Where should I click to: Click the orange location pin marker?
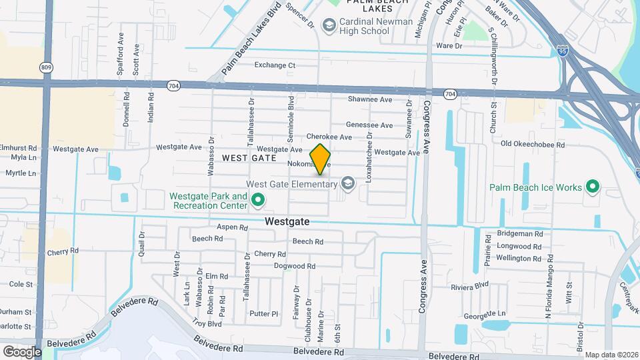[x=320, y=159]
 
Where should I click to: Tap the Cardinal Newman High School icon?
[x=329, y=25]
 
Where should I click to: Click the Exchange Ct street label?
[x=275, y=65]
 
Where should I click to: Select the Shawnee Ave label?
[x=369, y=99]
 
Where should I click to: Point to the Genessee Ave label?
[x=369, y=125]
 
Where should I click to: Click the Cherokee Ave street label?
[x=329, y=137]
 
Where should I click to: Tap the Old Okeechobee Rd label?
[x=533, y=144]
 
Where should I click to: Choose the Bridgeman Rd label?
[x=520, y=234]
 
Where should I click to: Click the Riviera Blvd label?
[x=469, y=285]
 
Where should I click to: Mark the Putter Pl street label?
[x=263, y=313]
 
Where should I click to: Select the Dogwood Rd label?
[x=294, y=266]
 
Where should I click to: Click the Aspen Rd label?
[x=232, y=227]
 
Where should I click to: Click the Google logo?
[x=21, y=351]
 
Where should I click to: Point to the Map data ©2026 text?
[x=611, y=355]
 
